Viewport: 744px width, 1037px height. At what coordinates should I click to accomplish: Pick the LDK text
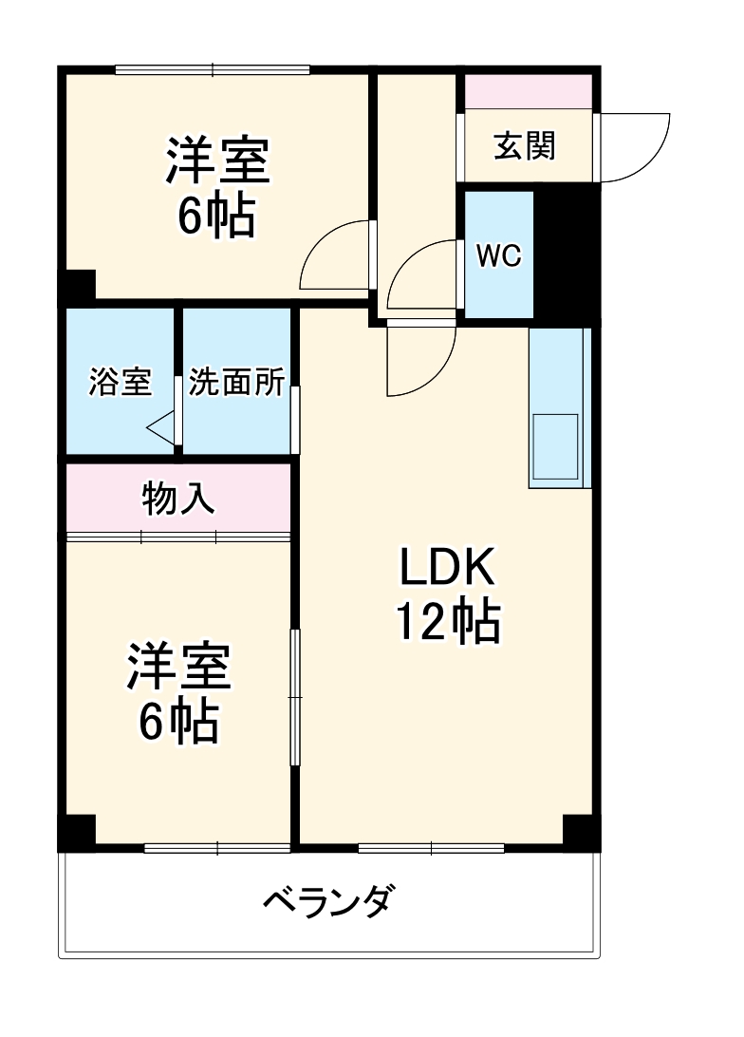[447, 569]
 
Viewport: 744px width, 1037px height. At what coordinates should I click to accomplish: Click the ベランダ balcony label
[325, 899]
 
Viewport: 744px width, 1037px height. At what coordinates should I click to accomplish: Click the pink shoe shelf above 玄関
[528, 91]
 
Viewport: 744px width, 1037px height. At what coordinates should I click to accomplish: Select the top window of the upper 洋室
[213, 68]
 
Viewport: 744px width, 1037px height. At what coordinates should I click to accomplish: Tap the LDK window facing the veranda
[431, 847]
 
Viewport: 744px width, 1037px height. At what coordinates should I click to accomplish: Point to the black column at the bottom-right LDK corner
[579, 831]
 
